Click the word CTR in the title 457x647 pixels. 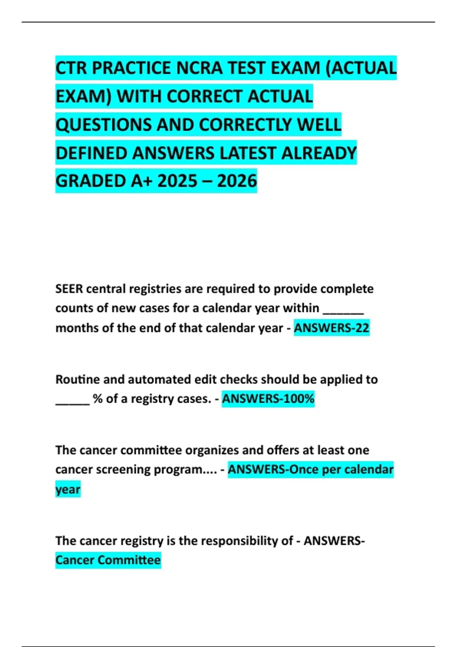click(71, 69)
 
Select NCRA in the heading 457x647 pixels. click(198, 69)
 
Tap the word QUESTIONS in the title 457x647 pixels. click(104, 125)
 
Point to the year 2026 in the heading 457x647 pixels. click(237, 181)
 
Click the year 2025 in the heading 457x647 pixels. click(177, 181)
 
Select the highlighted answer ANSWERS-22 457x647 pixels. click(331, 328)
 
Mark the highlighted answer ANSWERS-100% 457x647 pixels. click(268, 399)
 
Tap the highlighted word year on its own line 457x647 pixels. click(68, 489)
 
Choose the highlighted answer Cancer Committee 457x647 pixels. click(108, 560)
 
